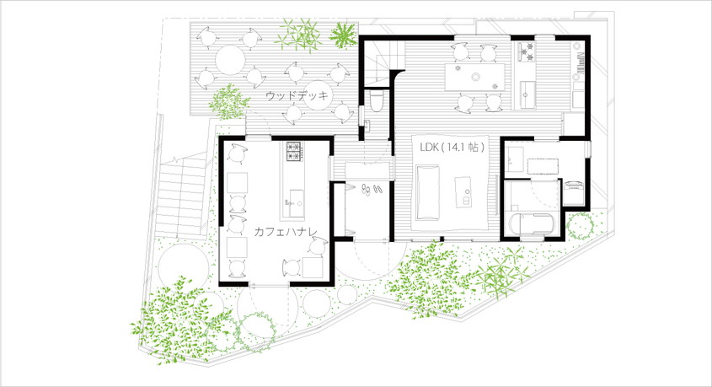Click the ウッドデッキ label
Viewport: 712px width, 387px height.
point(297,96)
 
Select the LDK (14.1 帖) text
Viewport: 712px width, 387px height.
point(452,148)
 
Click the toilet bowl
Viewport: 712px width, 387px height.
point(377,101)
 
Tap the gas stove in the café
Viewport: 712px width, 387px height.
point(294,152)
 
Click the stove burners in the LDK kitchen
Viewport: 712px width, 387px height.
point(527,51)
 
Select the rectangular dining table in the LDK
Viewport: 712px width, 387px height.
point(474,77)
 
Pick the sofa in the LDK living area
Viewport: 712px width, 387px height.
point(427,192)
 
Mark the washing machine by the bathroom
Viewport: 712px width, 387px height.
point(575,192)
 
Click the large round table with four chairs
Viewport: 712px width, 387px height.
point(230,60)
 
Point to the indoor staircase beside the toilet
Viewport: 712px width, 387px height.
point(383,62)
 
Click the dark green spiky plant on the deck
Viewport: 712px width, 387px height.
point(343,35)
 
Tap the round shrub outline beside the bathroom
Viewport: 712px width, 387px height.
point(581,226)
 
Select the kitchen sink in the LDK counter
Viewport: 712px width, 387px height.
point(527,93)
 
